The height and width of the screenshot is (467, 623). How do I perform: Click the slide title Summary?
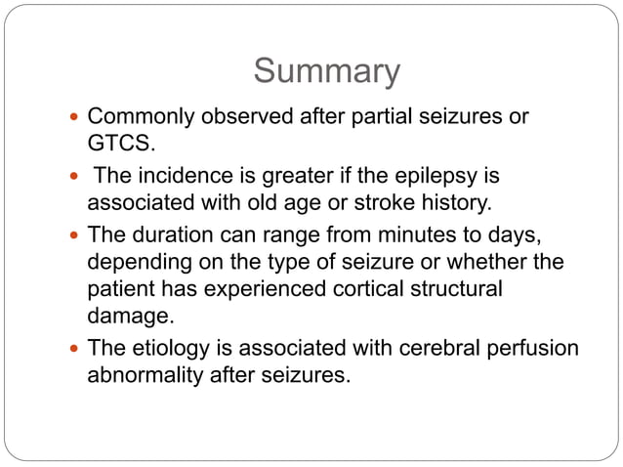point(326,71)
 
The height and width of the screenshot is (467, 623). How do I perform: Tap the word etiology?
point(170,348)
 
